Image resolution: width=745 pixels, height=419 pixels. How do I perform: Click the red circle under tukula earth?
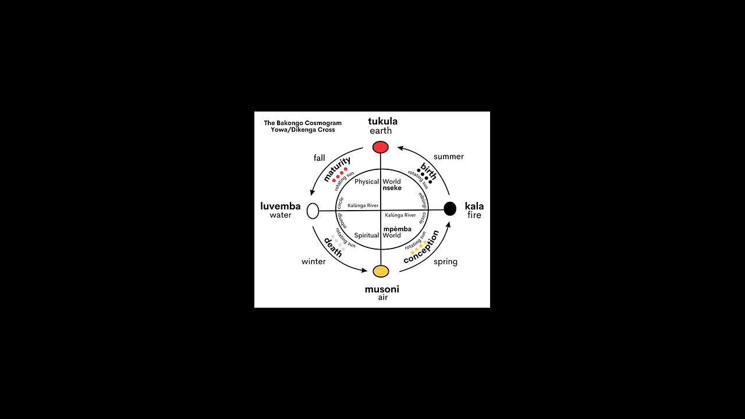point(380,147)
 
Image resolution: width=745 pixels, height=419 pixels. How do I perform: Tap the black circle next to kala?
point(450,209)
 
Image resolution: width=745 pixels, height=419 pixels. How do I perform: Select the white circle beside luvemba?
point(313,211)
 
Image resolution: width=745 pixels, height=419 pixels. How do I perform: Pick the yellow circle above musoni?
point(381,271)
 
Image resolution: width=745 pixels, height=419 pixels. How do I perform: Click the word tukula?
point(382,121)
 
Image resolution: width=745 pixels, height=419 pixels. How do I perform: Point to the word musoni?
point(382,289)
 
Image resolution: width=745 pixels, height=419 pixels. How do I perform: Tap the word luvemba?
point(281,206)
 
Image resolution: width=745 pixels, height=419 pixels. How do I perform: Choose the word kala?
point(474,206)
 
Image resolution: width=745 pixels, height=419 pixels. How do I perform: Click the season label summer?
point(449,157)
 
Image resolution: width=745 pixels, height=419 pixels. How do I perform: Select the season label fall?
point(319,158)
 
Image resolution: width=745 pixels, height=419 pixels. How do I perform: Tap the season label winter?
point(313,261)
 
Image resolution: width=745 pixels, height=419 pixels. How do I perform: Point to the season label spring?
point(445,262)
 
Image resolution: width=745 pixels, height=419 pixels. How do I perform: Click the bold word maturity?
point(337,169)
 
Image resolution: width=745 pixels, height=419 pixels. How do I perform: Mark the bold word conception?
point(421,247)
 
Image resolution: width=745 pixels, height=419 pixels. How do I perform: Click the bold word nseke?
point(392,188)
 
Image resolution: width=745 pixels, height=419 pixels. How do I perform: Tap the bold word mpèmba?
point(398,229)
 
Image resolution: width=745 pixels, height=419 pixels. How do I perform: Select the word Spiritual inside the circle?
point(367,236)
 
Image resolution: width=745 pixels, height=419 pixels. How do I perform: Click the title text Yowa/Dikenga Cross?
point(302,130)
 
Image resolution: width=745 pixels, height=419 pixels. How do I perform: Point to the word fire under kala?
point(474,215)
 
